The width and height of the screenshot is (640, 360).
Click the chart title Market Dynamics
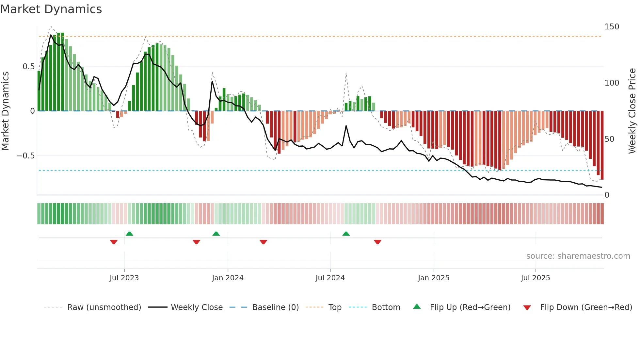[x=51, y=9]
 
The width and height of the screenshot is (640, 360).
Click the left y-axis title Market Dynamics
[x=5, y=111]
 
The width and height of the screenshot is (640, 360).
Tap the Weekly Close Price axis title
[x=632, y=111]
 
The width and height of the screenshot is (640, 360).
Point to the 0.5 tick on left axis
[x=28, y=67]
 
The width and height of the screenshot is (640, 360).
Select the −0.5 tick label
[x=25, y=156]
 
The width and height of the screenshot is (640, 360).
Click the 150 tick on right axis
[x=612, y=27]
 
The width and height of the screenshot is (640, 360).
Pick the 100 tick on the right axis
[x=612, y=83]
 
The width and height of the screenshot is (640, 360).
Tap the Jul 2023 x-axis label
[x=124, y=278]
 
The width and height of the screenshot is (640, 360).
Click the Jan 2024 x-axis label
[x=228, y=278]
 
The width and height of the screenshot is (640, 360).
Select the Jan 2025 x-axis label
[x=434, y=278]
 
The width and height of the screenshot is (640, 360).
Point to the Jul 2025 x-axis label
[x=536, y=278]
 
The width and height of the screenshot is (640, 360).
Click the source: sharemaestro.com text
[x=578, y=256]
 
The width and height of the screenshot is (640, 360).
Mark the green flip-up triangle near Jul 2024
[x=346, y=234]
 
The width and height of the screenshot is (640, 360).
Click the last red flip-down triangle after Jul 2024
[x=377, y=242]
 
